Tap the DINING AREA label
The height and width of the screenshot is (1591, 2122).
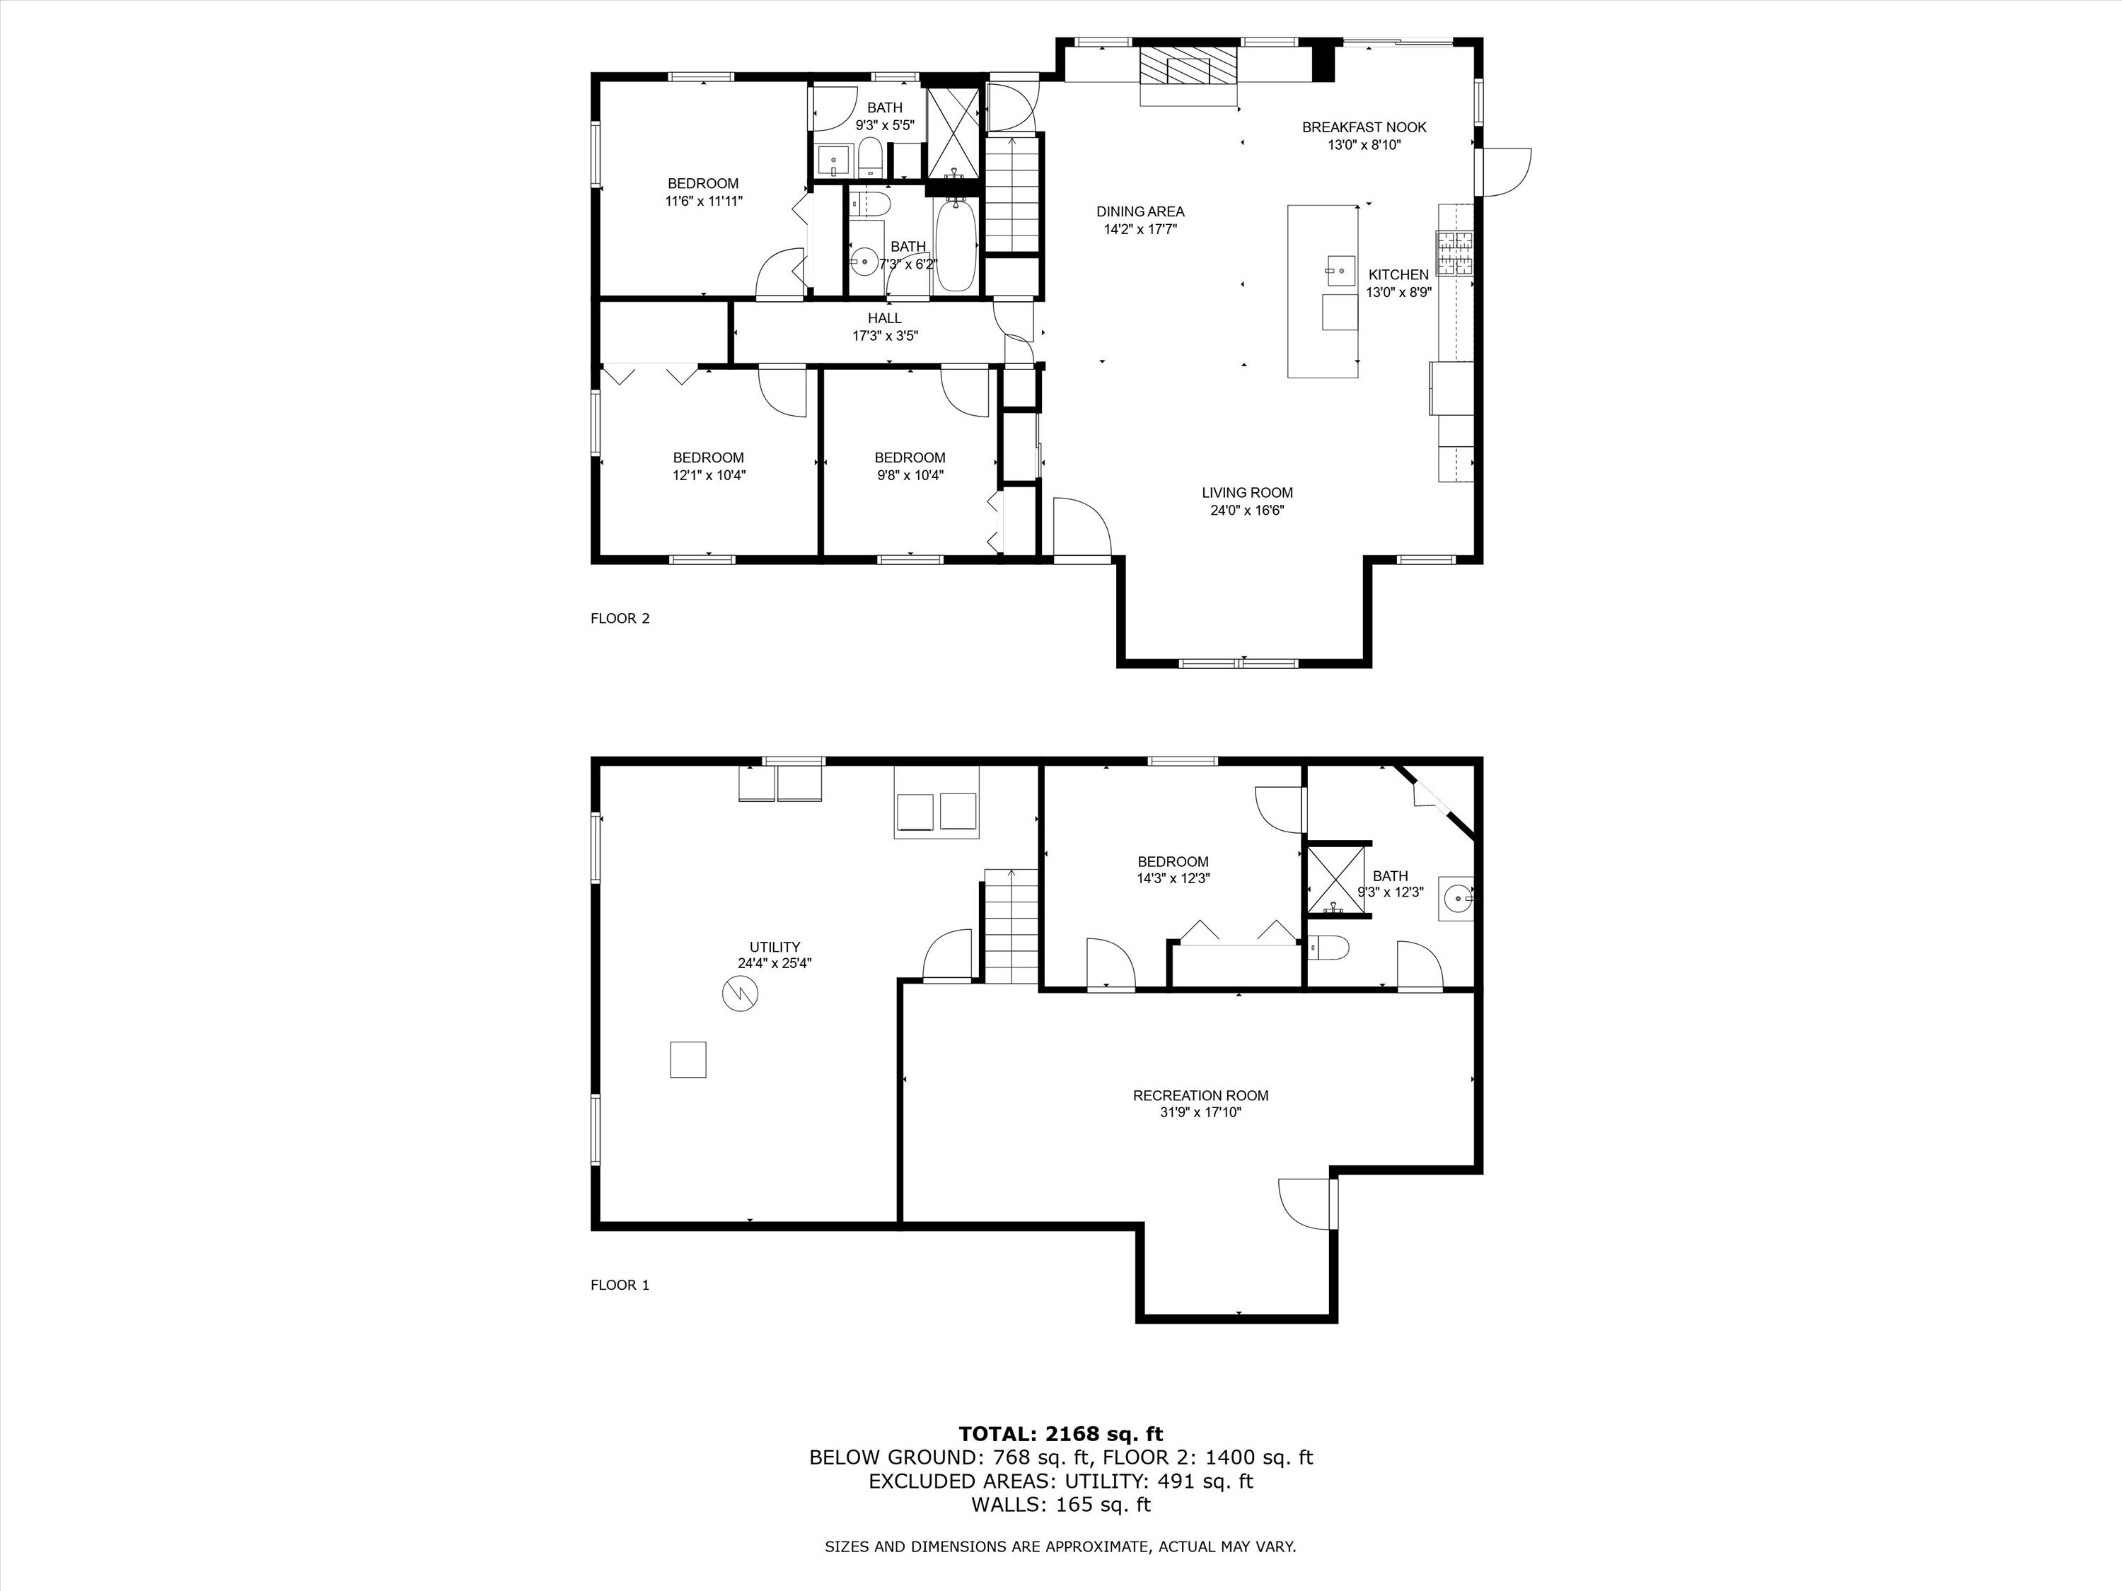tap(1140, 211)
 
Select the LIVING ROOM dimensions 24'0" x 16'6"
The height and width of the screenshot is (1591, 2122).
tap(1246, 511)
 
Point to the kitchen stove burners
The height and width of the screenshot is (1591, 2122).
tap(1454, 254)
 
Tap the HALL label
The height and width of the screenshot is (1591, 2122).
tap(884, 318)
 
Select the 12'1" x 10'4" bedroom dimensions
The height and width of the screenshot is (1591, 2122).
tap(708, 474)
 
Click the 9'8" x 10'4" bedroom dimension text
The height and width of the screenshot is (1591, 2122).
tap(910, 474)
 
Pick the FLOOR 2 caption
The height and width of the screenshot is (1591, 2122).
tap(620, 619)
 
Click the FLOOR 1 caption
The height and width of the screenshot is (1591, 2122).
tap(620, 1285)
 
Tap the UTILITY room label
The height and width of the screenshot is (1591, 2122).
tap(775, 948)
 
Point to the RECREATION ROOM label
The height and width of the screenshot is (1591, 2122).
tap(1200, 1095)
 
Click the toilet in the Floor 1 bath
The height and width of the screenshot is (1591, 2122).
tap(1328, 948)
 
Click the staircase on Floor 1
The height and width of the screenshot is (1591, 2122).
tap(1011, 926)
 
